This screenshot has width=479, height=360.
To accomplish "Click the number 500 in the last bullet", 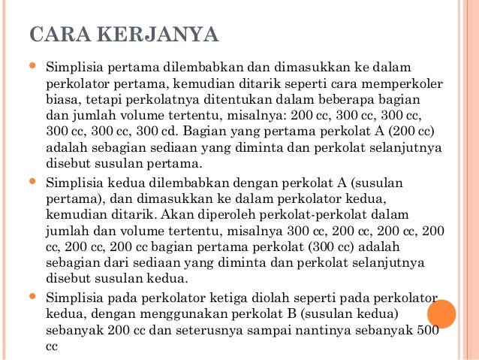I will point(426,328).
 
